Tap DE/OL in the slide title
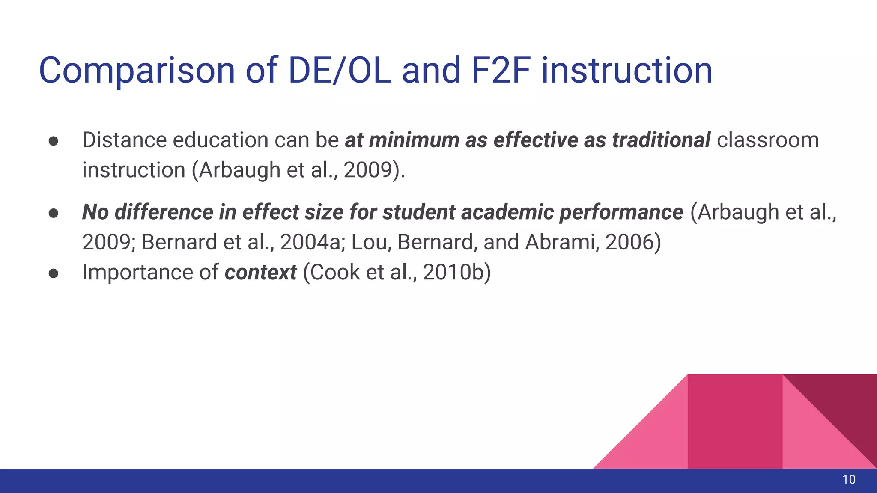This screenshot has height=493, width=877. point(340,71)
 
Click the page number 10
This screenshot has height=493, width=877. point(849,480)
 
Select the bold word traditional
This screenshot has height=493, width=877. point(661,140)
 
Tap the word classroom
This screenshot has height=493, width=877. point(767,140)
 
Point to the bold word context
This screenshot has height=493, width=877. point(260,272)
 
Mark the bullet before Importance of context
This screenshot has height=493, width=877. point(54,273)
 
